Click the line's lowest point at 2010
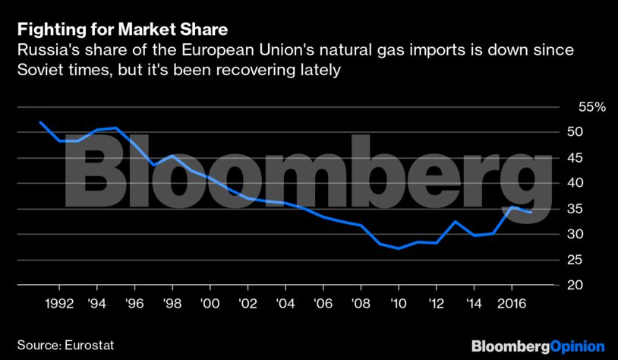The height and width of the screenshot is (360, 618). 399,248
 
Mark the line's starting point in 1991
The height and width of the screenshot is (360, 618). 39,122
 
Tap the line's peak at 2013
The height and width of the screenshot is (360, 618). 456,222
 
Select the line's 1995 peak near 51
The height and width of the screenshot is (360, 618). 115,128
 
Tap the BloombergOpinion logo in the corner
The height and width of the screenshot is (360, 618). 538,346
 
